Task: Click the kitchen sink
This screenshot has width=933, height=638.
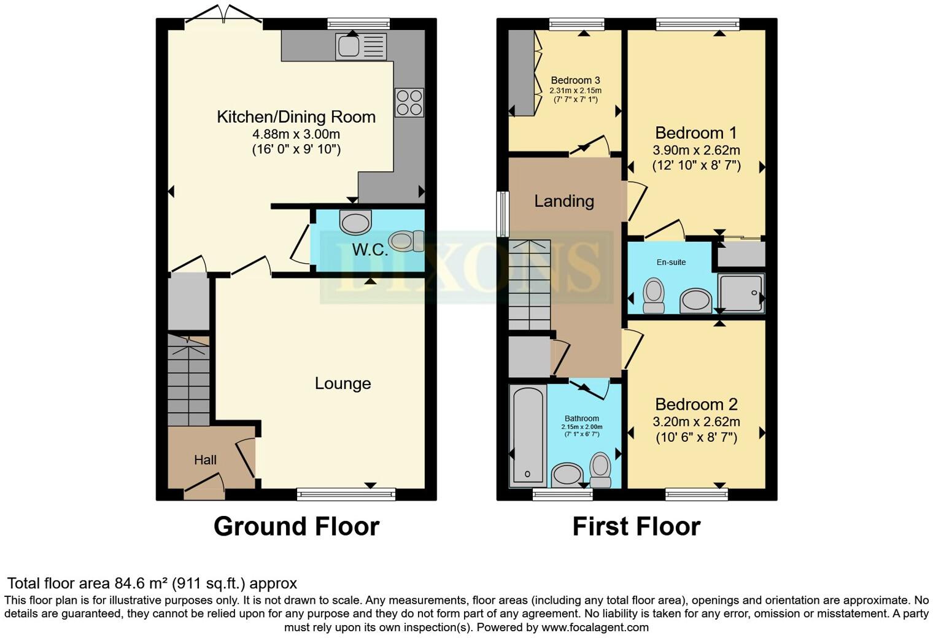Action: pos(360,46)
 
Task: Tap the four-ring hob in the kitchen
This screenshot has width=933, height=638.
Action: pos(409,102)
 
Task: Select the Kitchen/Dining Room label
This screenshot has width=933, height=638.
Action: pos(296,117)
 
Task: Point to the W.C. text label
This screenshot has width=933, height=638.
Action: pos(370,250)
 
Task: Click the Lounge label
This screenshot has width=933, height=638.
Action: pos(343,383)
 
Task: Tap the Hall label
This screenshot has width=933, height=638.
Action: pos(205,459)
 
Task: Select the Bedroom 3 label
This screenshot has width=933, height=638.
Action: pos(575,80)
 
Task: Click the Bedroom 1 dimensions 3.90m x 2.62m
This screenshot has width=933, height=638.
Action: pos(696,150)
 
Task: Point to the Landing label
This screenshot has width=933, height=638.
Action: pos(563,201)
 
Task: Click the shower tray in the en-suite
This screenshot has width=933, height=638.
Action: pos(741,293)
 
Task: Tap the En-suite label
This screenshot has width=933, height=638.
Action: pos(671,262)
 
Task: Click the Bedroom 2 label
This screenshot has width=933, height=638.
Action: pos(696,404)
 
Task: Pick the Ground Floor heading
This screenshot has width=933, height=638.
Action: pos(296,526)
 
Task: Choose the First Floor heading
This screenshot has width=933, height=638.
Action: pos(636,526)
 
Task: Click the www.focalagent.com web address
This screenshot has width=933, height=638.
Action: pos(595,627)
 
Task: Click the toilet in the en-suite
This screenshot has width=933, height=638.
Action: pos(652,295)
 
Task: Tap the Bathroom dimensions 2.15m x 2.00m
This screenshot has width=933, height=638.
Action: pos(581,427)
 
